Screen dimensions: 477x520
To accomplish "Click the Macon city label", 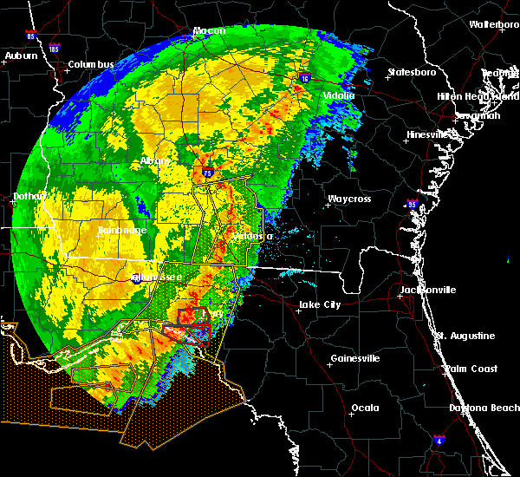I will pyautogui.click(x=209, y=31).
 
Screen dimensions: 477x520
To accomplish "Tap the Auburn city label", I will pyautogui.click(x=21, y=56).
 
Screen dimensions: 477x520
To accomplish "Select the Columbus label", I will pyautogui.click(x=91, y=65).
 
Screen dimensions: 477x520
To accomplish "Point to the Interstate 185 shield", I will pyautogui.click(x=55, y=49).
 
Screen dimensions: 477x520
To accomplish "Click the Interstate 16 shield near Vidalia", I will pyautogui.click(x=305, y=77).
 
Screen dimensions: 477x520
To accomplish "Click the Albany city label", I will pyautogui.click(x=155, y=161).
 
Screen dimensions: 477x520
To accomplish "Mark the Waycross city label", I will pyautogui.click(x=348, y=199).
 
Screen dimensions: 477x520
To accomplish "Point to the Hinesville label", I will pyautogui.click(x=431, y=134).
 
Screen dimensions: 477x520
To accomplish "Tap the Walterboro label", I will pyautogui.click(x=493, y=24).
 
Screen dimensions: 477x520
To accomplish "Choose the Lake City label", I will pyautogui.click(x=319, y=304).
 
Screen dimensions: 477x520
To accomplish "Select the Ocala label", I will pyautogui.click(x=365, y=408).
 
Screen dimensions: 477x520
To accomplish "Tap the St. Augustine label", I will pyautogui.click(x=465, y=336).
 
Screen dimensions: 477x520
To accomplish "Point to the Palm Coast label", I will pyautogui.click(x=471, y=369).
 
